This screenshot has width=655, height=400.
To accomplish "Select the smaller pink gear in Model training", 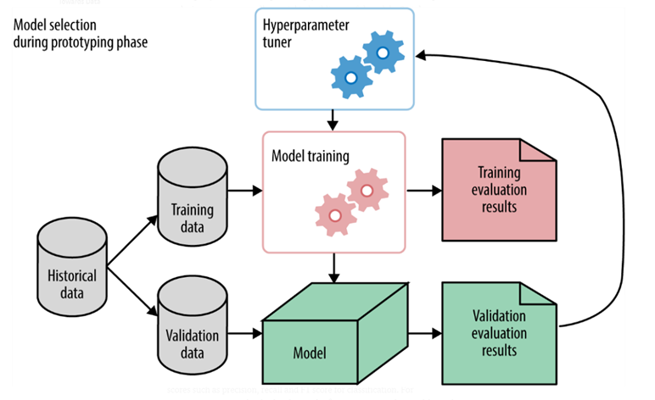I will pos(334,215).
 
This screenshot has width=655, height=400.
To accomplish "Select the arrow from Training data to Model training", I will pos(245,192).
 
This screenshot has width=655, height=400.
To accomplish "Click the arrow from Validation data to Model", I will pos(245,334).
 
